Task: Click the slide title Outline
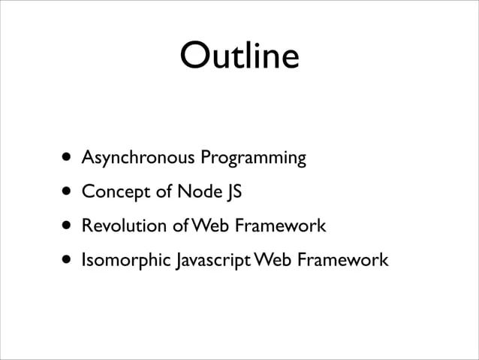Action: pyautogui.click(x=239, y=56)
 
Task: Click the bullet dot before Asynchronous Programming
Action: pyautogui.click(x=68, y=158)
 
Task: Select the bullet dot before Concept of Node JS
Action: pyautogui.click(x=68, y=192)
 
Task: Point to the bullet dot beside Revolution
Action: pyautogui.click(x=68, y=226)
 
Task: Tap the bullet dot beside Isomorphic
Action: pyautogui.click(x=68, y=261)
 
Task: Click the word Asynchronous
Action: pyautogui.click(x=139, y=159)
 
